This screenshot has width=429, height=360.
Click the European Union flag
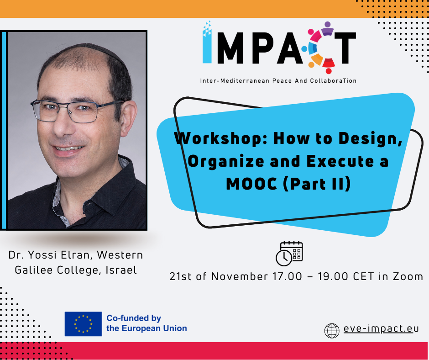point(83,323)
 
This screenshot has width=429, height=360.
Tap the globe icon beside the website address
point(332,330)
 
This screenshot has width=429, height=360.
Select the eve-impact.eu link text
point(381,328)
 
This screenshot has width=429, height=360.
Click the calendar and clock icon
point(289,254)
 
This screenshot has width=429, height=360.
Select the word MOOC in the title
point(251,184)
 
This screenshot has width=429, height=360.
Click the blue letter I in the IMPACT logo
point(207,42)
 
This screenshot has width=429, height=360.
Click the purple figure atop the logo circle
point(327,28)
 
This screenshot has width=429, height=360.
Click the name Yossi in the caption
point(43,255)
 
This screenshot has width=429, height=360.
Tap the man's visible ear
point(128,118)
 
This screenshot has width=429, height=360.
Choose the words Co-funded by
point(134,318)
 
